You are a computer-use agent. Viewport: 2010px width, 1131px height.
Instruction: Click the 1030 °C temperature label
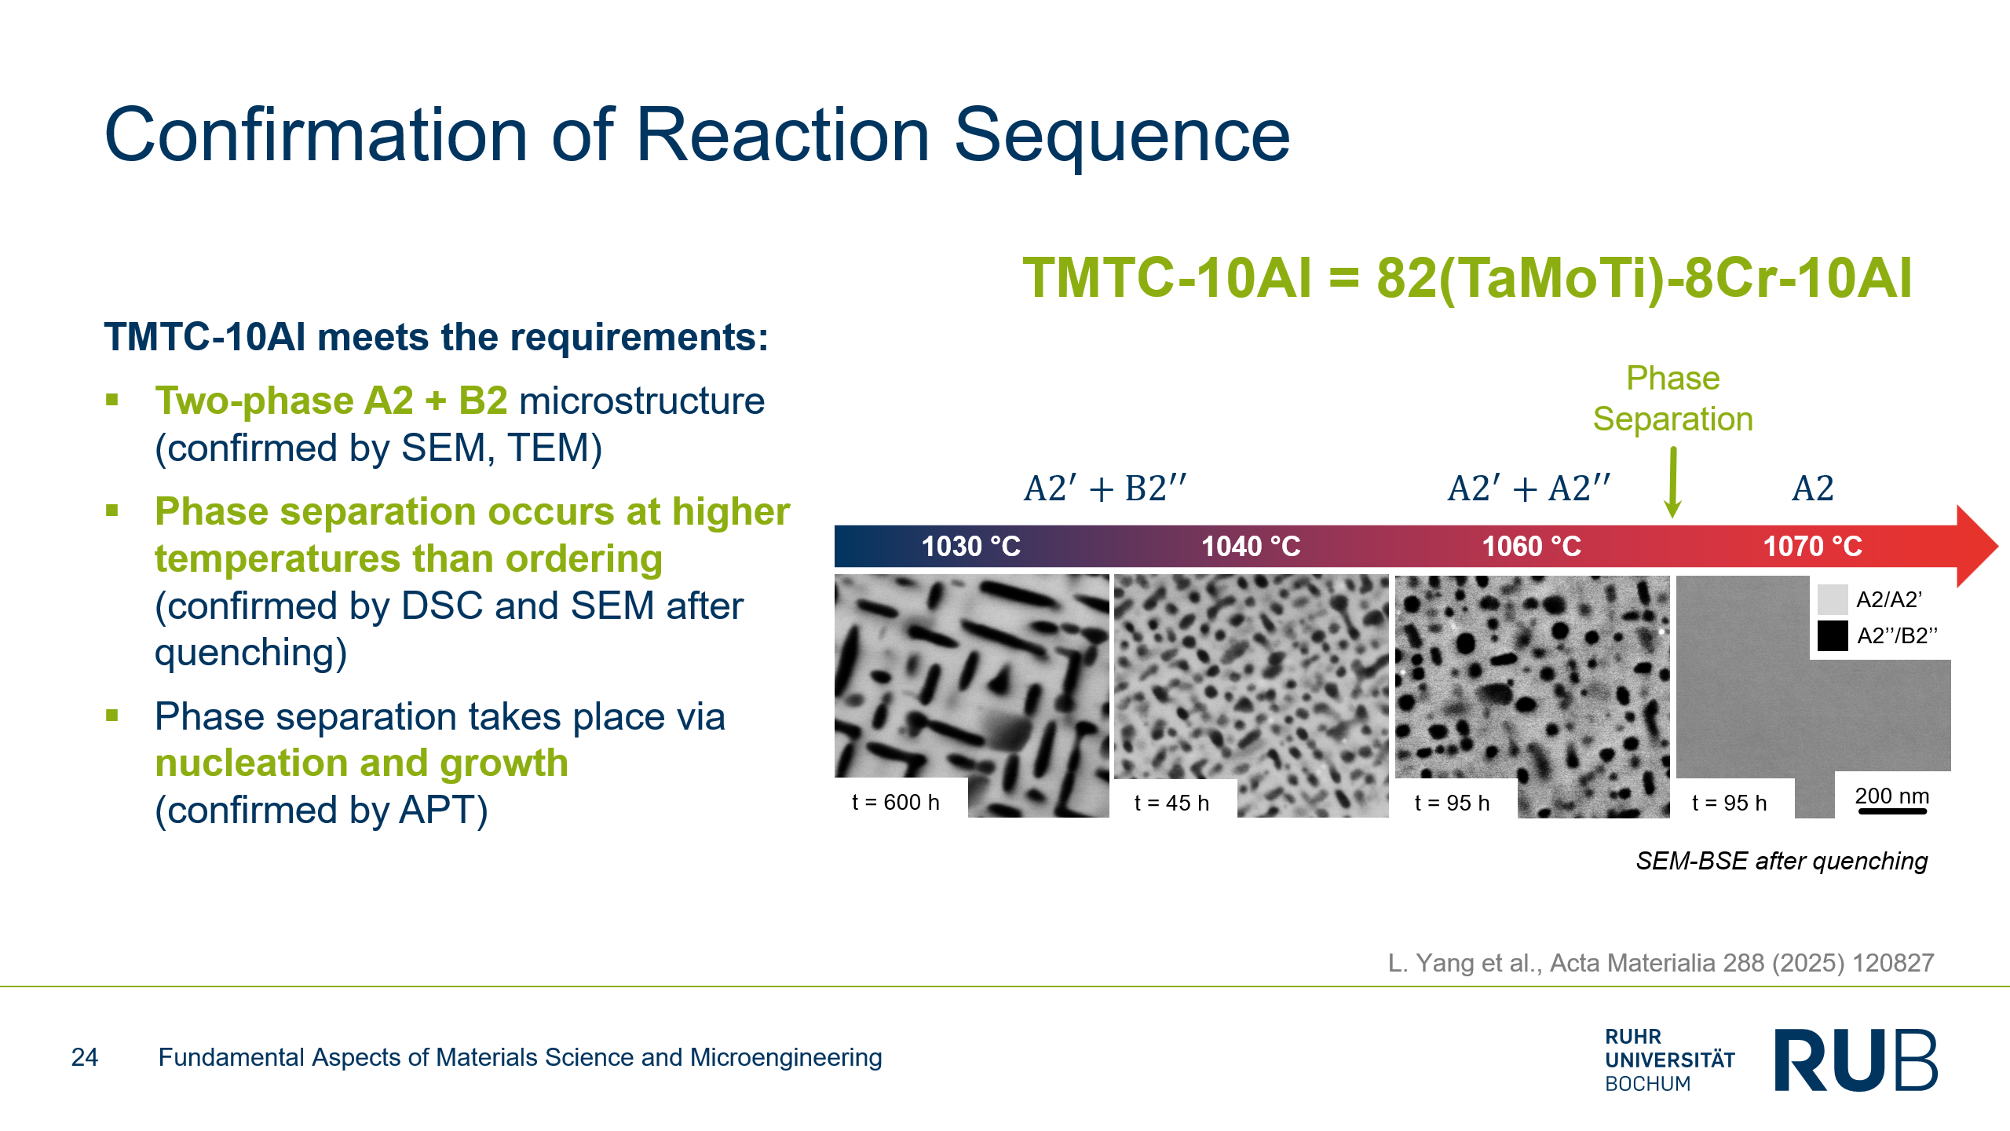(x=971, y=546)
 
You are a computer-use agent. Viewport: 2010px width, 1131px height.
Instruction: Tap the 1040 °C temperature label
(x=1252, y=546)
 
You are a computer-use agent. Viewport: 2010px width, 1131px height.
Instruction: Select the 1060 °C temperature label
(x=1532, y=546)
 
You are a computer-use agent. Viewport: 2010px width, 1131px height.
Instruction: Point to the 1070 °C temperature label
(x=1813, y=546)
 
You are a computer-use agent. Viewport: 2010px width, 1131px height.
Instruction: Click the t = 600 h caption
(x=896, y=802)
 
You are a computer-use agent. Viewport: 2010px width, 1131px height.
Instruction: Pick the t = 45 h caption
(x=1171, y=803)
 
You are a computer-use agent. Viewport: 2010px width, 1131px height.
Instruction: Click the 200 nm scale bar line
(x=1892, y=811)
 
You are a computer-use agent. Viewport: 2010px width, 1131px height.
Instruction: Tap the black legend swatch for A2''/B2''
(x=1833, y=635)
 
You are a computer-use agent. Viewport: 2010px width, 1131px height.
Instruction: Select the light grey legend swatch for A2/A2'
(x=1833, y=599)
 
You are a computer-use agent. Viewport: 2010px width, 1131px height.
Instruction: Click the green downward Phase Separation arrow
(x=1673, y=482)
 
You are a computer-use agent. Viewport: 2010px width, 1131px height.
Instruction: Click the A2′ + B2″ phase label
(x=1105, y=489)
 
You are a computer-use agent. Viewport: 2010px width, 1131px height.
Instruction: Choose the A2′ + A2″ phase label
(x=1529, y=489)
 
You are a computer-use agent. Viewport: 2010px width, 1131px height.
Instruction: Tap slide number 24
(x=85, y=1057)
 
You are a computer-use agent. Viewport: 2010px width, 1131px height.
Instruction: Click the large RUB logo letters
(x=1856, y=1060)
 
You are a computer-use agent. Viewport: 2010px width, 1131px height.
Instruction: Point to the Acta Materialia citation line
(x=1661, y=963)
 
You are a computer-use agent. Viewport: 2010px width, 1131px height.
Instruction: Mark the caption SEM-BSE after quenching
(x=1782, y=861)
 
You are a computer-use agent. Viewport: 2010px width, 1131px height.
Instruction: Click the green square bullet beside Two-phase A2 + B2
(x=112, y=400)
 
